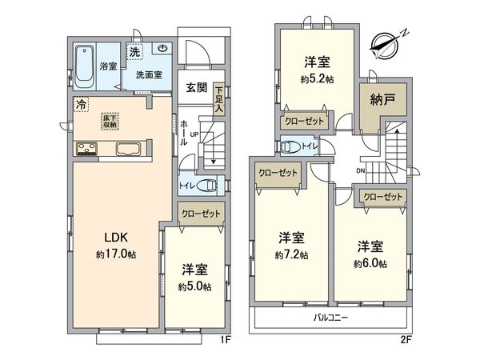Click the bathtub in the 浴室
85,61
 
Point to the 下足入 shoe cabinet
219,94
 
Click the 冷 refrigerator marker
81,103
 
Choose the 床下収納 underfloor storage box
110,122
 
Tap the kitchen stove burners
86,148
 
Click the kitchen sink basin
129,149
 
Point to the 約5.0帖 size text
197,286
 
